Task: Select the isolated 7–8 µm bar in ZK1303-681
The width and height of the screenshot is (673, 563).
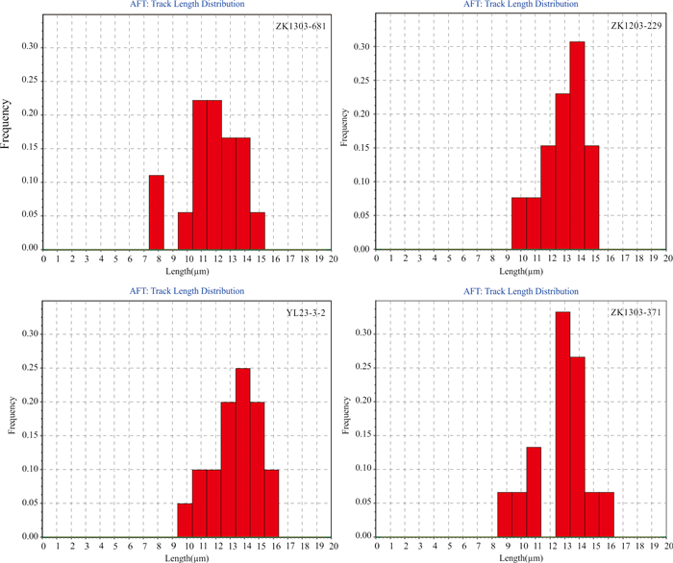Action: click(x=156, y=211)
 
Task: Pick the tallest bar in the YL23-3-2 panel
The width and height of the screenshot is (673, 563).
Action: click(x=242, y=452)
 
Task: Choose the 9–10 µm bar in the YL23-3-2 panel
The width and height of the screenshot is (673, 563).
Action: click(x=185, y=520)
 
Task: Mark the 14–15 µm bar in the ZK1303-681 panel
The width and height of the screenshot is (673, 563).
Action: click(x=258, y=230)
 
